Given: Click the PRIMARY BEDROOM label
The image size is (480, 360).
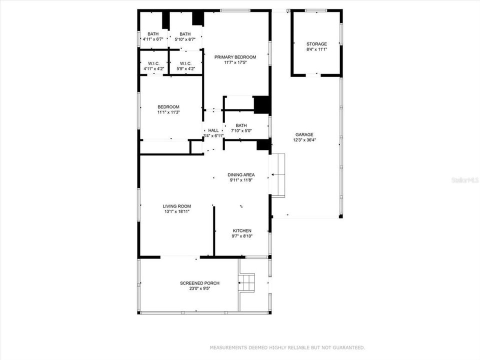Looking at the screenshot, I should coord(235,57).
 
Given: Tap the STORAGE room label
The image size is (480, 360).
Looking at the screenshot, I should coord(316,44).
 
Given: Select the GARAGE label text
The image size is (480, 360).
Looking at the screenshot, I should coord(304,134).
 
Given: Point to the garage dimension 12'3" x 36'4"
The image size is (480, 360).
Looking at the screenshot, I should coord(304,140).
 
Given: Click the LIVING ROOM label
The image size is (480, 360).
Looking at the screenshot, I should coord(176,206).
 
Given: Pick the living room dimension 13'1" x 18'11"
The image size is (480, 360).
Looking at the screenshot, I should coord(176,211).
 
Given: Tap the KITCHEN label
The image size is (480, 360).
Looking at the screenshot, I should coord(242,230).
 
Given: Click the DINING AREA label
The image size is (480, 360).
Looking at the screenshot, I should coord(242,174).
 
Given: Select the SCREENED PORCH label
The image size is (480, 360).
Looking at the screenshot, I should coord(199,283).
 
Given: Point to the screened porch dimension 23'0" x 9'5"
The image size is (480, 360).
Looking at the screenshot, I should coord(199,288).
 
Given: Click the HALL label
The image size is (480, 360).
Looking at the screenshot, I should coord(213,130).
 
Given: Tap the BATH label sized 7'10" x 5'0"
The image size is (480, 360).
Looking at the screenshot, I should coord(241,125).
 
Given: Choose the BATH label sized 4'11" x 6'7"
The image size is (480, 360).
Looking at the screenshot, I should coord(153,34).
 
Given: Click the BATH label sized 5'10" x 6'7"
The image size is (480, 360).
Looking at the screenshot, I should coord(185,34).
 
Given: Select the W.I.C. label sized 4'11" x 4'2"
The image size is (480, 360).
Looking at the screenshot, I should coord(153,63).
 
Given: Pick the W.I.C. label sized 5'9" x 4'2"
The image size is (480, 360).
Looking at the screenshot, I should coord(185,63).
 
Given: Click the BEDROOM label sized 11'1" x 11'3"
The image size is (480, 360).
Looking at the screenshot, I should coord(168,107).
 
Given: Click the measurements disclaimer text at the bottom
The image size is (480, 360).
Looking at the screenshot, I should coord(287,347).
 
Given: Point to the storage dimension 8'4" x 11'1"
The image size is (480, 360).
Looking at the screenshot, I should coord(316,49).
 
